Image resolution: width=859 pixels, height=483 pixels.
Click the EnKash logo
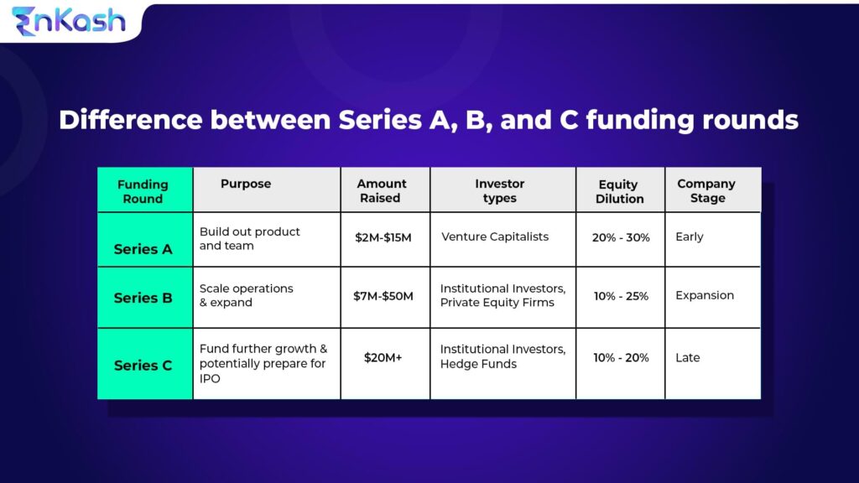pos(69,20)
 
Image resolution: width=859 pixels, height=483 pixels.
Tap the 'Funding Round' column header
pos(143,191)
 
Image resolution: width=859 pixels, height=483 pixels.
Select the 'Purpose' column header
pos(246,184)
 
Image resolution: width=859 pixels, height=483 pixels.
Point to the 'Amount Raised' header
pos(382,190)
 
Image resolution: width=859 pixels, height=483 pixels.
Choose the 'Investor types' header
pos(500,190)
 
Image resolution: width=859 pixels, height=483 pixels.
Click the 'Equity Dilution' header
pos(620,191)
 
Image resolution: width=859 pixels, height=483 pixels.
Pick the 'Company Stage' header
pos(706,190)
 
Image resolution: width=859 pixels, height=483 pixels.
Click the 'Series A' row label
pos(143,249)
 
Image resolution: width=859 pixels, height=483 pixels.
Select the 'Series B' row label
pos(143,298)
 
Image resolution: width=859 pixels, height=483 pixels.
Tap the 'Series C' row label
pos(143,366)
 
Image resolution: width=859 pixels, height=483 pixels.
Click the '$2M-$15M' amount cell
pos(384,237)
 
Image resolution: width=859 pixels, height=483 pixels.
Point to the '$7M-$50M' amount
pos(384,296)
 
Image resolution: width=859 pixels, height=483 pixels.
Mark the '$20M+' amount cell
pos(383,357)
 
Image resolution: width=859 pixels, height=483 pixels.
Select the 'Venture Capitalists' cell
pos(495,236)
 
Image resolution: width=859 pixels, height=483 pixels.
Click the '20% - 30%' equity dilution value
pos(621,237)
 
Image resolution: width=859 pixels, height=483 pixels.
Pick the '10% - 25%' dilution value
pos(621,296)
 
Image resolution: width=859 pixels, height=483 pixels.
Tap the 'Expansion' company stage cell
pos(705,295)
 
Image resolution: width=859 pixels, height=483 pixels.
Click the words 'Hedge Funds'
pos(478,364)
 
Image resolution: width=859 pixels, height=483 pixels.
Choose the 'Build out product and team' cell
pos(249,238)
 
